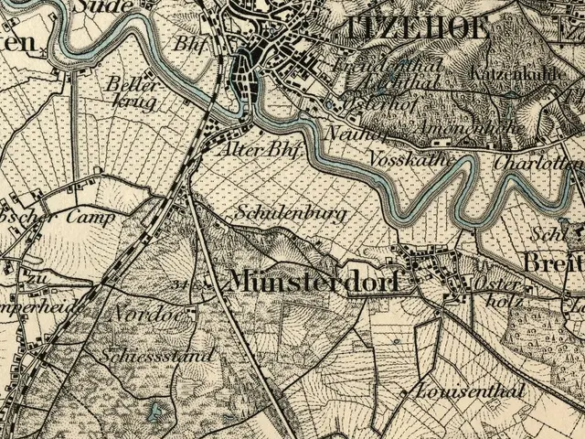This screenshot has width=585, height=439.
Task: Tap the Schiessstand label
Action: pyautogui.click(x=159, y=355)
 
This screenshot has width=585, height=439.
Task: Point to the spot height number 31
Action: pyautogui.click(x=178, y=285)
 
